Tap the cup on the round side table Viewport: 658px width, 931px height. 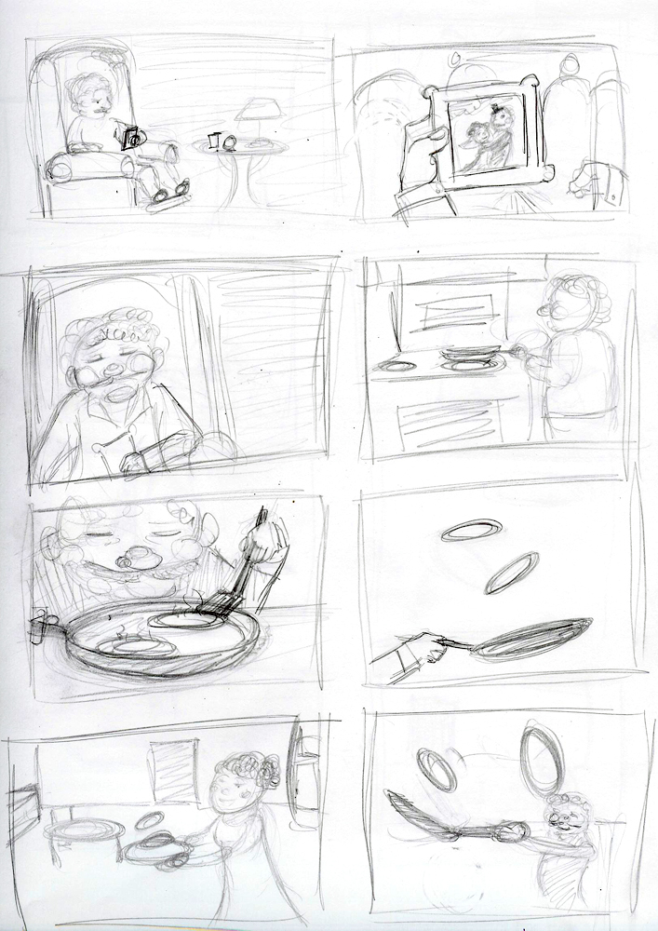pyautogui.click(x=214, y=141)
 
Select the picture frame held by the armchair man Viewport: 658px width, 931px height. pyautogui.click(x=129, y=138)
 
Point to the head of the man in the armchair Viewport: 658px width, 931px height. pyautogui.click(x=93, y=94)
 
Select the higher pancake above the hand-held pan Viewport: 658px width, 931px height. pyautogui.click(x=471, y=530)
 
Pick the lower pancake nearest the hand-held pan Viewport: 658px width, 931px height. pyautogui.click(x=511, y=572)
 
